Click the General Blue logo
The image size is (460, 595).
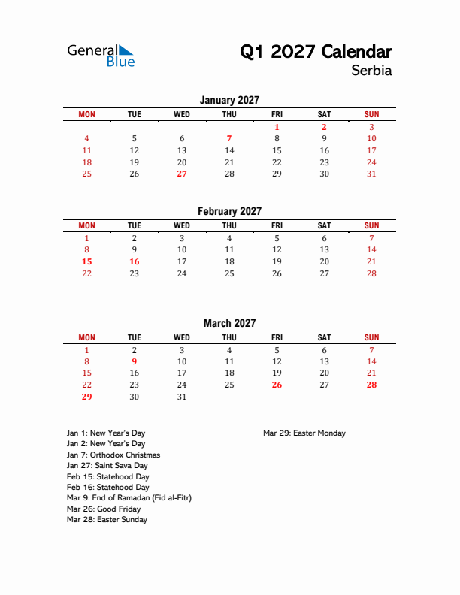coord(101,56)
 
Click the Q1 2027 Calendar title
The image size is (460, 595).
coord(316,52)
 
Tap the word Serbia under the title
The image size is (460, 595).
coord(371,71)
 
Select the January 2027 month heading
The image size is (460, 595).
coord(229,100)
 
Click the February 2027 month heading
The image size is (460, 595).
coord(229,211)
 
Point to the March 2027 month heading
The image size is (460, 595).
coord(229,323)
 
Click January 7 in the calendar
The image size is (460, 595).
coord(229,138)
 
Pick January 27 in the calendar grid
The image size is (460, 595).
coord(182,174)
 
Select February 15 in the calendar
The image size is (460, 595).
coord(86,261)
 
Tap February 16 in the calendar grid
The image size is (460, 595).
coord(135,261)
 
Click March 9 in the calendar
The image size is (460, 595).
coord(135,361)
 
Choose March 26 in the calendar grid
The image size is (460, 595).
coord(277,385)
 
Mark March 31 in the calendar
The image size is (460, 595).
coord(182,397)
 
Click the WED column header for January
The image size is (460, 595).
coord(182,114)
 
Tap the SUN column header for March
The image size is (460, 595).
coord(371,337)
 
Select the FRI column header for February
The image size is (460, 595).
coord(277,225)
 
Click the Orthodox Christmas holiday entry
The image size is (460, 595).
coord(113,455)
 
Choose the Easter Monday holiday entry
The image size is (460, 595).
coord(304,433)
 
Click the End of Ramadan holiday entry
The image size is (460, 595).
coord(128,498)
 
